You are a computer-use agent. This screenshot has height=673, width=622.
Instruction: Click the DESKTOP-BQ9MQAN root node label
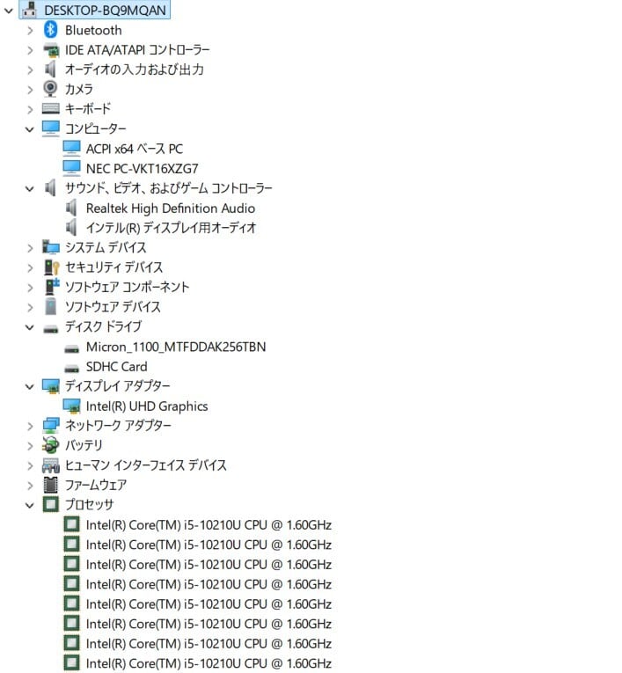click(x=105, y=10)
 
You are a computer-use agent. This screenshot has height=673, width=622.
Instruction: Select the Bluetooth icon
click(x=51, y=30)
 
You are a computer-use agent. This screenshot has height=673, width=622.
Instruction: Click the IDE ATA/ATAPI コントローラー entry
click(x=137, y=49)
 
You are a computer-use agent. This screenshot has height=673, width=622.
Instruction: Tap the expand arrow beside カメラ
click(x=30, y=89)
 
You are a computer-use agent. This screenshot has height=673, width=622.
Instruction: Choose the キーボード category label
click(x=88, y=109)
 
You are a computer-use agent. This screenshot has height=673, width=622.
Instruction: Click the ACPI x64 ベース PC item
click(x=134, y=149)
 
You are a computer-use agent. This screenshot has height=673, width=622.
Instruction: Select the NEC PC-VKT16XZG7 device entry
click(x=142, y=168)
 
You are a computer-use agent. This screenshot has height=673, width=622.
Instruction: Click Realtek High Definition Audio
click(x=170, y=208)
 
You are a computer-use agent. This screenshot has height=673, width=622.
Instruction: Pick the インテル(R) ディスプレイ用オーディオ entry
click(x=171, y=228)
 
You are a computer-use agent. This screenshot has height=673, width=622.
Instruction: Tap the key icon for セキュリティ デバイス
click(x=51, y=267)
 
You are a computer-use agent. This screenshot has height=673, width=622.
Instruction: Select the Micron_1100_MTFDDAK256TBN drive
click(x=175, y=347)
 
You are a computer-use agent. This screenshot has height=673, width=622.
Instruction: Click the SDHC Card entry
click(x=116, y=366)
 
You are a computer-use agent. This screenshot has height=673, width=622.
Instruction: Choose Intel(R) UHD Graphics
click(x=146, y=406)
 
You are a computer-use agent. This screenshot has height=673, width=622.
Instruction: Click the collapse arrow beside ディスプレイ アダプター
click(x=30, y=386)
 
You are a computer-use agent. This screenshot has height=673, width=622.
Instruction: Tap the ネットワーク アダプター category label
click(x=118, y=426)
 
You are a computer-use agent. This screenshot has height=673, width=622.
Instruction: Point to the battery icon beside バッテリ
click(x=51, y=445)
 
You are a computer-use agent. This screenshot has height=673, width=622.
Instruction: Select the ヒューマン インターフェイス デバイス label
click(x=145, y=465)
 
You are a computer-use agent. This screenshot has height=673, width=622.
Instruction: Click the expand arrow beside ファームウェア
click(x=30, y=485)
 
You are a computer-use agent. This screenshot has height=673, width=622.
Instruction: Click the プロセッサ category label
click(x=89, y=505)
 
